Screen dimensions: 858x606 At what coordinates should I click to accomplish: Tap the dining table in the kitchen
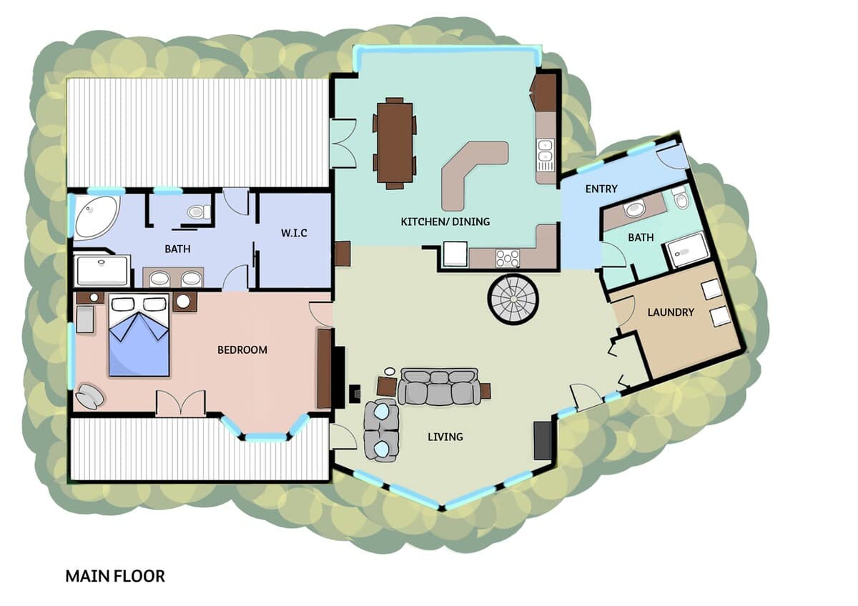coord(395,143)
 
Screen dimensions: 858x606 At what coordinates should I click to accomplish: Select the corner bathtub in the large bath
coord(96,217)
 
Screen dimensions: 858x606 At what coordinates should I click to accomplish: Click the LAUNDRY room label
coord(671,312)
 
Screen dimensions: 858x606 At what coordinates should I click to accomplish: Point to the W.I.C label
coord(294,233)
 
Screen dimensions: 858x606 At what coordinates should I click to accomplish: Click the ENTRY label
coord(601,189)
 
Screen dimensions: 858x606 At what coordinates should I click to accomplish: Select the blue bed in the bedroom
coord(139,335)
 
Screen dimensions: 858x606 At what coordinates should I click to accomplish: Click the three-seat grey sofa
coord(438,387)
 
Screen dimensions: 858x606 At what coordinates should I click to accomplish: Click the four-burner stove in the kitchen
coord(508,258)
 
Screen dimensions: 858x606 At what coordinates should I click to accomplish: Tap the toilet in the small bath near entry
coord(681,197)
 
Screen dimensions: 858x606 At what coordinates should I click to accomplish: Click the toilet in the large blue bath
coord(199,212)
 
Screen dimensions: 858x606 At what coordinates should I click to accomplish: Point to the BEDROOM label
coord(242,350)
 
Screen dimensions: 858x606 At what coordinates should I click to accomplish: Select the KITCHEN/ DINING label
coord(445,222)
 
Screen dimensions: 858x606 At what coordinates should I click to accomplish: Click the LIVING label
coord(445,437)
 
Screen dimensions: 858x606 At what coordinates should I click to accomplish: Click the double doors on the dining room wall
coord(343,143)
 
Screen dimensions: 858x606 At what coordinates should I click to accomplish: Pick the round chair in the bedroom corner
coord(90,396)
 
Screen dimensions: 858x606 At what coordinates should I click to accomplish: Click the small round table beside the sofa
coord(390,372)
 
